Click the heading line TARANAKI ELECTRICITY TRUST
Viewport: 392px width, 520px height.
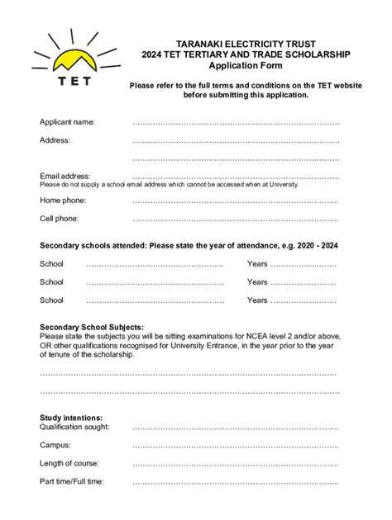[x=245, y=43]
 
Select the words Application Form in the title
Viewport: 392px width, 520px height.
[x=245, y=65]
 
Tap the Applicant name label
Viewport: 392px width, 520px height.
[x=67, y=122]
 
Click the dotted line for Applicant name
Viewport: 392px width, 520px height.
[x=236, y=123]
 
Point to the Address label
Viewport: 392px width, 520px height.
[x=55, y=140]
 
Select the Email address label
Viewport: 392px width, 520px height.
[x=65, y=176]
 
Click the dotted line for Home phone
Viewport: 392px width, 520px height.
[x=236, y=201]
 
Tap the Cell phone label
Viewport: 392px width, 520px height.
[x=60, y=219]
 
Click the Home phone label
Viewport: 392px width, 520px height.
[x=63, y=201]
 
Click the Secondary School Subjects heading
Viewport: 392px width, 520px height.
[x=91, y=327]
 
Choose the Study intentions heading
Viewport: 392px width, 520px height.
[x=71, y=418]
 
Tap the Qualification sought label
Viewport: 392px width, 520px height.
[x=74, y=428]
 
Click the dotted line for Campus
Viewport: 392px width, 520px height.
[x=236, y=446]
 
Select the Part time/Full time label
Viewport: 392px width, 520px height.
[x=72, y=481]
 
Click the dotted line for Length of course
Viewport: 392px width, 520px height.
[x=236, y=464]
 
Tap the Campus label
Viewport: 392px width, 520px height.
[x=56, y=445]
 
